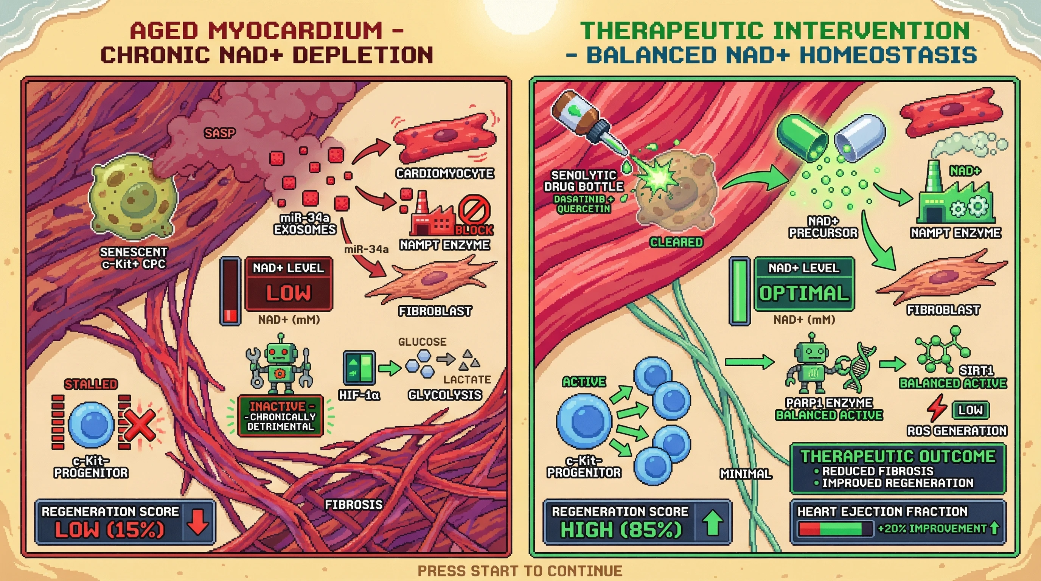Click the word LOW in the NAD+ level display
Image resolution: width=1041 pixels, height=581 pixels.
(288, 293)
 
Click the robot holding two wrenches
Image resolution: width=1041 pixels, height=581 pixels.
(279, 364)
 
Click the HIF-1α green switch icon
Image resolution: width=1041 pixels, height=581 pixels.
(359, 367)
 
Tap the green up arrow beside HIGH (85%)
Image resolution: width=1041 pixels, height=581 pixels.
(712, 522)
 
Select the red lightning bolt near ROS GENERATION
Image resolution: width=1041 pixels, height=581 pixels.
(936, 408)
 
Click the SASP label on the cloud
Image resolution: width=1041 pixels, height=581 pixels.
(219, 133)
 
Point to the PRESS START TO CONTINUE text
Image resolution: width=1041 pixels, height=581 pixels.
(520, 571)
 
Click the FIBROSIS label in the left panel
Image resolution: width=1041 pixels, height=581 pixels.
(354, 504)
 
